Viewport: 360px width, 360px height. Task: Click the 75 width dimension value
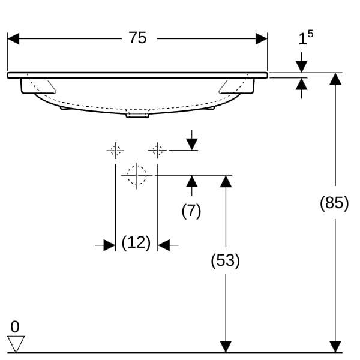coord(137,38)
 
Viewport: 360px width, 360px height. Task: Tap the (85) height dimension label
coord(334,203)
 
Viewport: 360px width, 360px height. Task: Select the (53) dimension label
coord(225,260)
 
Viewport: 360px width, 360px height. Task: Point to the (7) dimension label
coord(191,211)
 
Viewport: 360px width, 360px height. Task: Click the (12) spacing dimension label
coord(136,242)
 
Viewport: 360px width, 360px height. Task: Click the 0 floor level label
coord(15,327)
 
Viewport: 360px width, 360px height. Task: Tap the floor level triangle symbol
coord(16,344)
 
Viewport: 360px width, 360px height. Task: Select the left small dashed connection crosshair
coord(115,151)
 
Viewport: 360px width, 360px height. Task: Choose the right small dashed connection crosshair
coord(157,151)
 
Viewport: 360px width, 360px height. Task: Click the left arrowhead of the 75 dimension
coord(13,38)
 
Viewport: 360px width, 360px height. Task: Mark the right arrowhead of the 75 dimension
coord(262,38)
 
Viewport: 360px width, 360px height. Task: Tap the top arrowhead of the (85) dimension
coord(335,79)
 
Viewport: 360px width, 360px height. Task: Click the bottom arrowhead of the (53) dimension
coord(226,347)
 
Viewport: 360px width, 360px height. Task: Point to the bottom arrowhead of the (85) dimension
coord(335,347)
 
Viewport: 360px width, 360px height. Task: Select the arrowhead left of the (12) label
coord(110,245)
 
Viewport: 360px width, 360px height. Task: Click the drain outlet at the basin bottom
coord(137,115)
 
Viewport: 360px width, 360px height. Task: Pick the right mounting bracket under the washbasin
coord(237,86)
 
